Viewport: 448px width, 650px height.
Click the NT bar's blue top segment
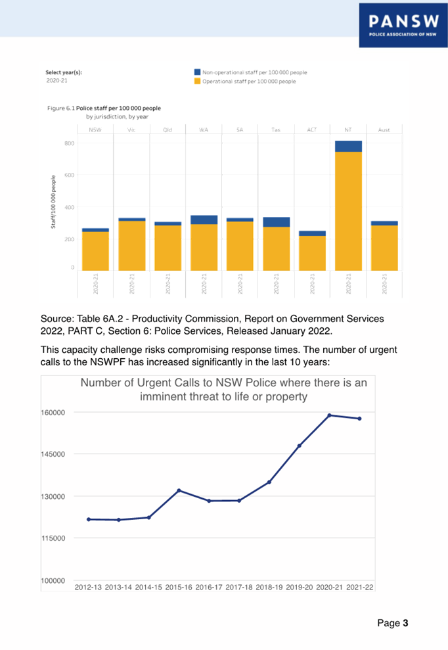pos(348,146)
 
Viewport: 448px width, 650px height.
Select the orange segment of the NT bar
pos(348,210)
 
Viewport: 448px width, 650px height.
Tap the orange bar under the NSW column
pos(95,250)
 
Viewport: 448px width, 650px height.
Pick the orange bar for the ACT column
pos(312,253)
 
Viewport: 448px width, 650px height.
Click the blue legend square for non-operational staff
pos(197,72)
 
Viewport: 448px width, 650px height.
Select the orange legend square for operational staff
pos(197,82)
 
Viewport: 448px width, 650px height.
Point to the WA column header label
pos(204,130)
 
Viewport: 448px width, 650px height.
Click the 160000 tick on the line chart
pos(55,413)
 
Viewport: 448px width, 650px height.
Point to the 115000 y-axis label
pos(55,538)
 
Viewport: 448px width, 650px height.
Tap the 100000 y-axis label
pos(55,580)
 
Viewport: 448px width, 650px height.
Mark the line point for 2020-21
pos(329,415)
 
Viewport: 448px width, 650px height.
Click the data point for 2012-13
pos(89,519)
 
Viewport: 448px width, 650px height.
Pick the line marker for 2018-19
pos(269,482)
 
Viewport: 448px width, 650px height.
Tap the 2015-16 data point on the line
pos(179,490)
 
